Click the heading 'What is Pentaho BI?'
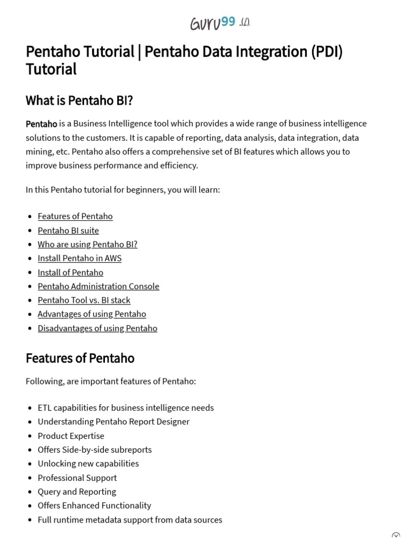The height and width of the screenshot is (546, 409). click(79, 100)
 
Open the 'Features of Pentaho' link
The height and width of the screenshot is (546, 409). click(75, 216)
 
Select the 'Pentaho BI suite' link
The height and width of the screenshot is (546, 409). click(68, 230)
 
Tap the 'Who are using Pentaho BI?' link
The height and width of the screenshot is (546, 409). click(87, 244)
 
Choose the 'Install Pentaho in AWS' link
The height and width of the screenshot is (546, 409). click(79, 258)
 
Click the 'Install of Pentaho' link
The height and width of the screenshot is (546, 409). click(70, 272)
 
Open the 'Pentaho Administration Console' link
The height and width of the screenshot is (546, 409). click(99, 286)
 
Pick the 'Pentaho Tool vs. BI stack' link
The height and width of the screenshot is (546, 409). click(84, 300)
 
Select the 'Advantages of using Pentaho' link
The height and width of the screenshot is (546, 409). click(92, 314)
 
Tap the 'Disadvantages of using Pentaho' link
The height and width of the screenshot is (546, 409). click(97, 328)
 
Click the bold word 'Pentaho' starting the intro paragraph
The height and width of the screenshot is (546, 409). click(41, 124)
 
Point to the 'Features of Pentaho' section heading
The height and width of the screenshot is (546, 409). click(80, 358)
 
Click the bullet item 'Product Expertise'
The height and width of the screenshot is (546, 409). click(71, 436)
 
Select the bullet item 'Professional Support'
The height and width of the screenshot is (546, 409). click(77, 478)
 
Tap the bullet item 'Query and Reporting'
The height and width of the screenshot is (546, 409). click(77, 492)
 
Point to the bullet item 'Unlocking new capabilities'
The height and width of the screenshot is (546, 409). click(88, 463)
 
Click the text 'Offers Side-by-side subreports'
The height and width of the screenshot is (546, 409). click(95, 449)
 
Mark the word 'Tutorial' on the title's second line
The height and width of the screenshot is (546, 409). click(51, 69)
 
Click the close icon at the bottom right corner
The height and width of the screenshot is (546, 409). click(396, 535)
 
